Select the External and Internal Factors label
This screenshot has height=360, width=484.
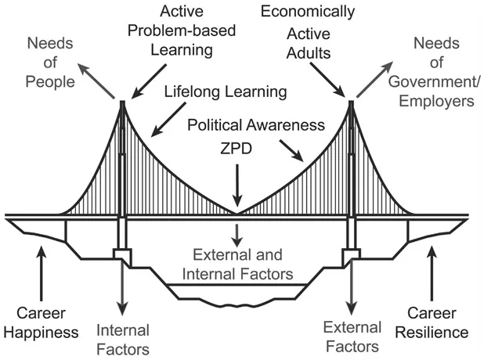(x=237, y=264)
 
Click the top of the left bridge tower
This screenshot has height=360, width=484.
(x=122, y=102)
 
